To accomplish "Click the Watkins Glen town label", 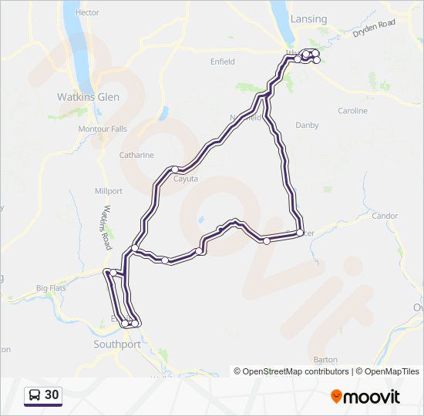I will pyautogui.click(x=89, y=97).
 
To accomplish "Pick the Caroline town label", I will pyautogui.click(x=353, y=111).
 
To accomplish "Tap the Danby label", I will pyautogui.click(x=307, y=124).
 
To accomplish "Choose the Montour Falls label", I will pyautogui.click(x=103, y=129).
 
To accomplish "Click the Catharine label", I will pyautogui.click(x=136, y=155).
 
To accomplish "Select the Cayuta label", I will pyautogui.click(x=186, y=179).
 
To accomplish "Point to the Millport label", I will pyautogui.click(x=109, y=190).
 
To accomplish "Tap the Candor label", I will pyautogui.click(x=385, y=216).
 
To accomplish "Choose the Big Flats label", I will pyautogui.click(x=52, y=288).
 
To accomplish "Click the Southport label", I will pyautogui.click(x=116, y=344).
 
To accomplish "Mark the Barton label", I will pyautogui.click(x=327, y=360).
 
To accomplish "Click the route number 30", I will pyautogui.click(x=52, y=395).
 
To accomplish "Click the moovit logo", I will pyautogui.click(x=365, y=397).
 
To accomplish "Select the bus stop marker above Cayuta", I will pyautogui.click(x=176, y=169).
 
